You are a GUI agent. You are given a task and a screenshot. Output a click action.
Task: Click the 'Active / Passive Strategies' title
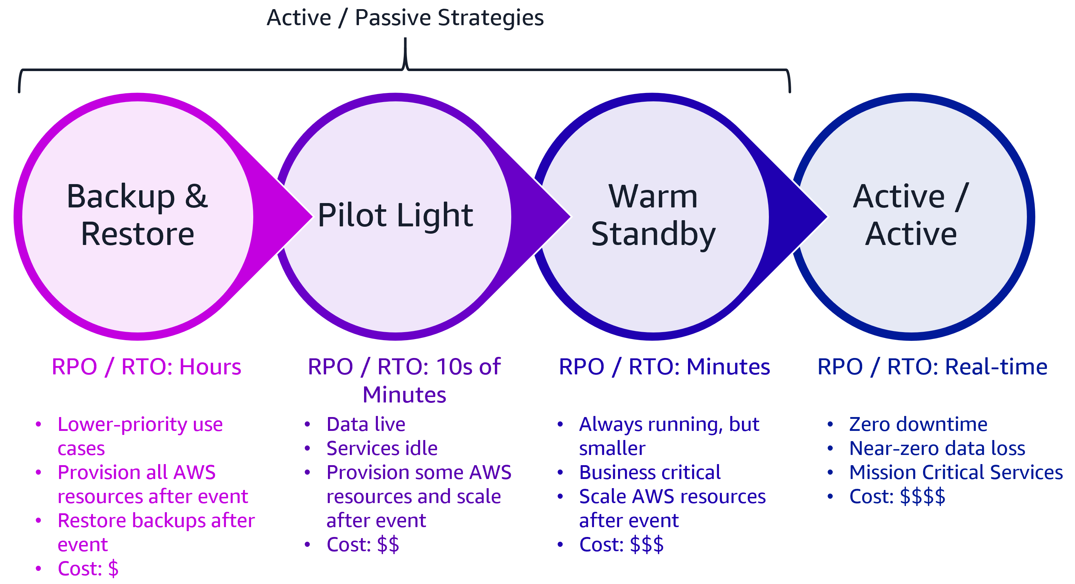(x=405, y=17)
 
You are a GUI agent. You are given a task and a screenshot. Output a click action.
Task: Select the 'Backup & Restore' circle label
(x=137, y=215)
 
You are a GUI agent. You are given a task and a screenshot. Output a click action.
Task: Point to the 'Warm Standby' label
(x=653, y=215)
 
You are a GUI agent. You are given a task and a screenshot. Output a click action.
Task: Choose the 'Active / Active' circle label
(x=911, y=215)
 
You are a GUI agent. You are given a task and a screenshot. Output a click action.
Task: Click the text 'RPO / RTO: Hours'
(x=146, y=367)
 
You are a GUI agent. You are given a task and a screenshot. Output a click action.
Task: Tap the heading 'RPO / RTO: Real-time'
(x=932, y=367)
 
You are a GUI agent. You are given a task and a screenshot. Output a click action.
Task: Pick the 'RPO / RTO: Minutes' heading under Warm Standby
(x=664, y=367)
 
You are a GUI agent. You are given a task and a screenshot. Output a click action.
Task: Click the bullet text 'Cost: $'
(x=88, y=569)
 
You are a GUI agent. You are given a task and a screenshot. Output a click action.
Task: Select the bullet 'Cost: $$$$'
(x=897, y=497)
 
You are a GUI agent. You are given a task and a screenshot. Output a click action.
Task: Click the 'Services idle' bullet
(x=382, y=448)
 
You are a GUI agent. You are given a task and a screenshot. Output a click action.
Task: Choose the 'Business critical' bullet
(x=650, y=472)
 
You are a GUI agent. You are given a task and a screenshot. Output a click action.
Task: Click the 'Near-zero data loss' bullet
(x=937, y=448)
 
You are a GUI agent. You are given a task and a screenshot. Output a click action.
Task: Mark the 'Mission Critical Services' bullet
(x=955, y=472)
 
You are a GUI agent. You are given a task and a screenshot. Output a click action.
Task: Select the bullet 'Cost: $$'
(x=363, y=544)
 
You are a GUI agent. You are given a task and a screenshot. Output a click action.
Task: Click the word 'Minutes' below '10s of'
(x=404, y=394)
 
